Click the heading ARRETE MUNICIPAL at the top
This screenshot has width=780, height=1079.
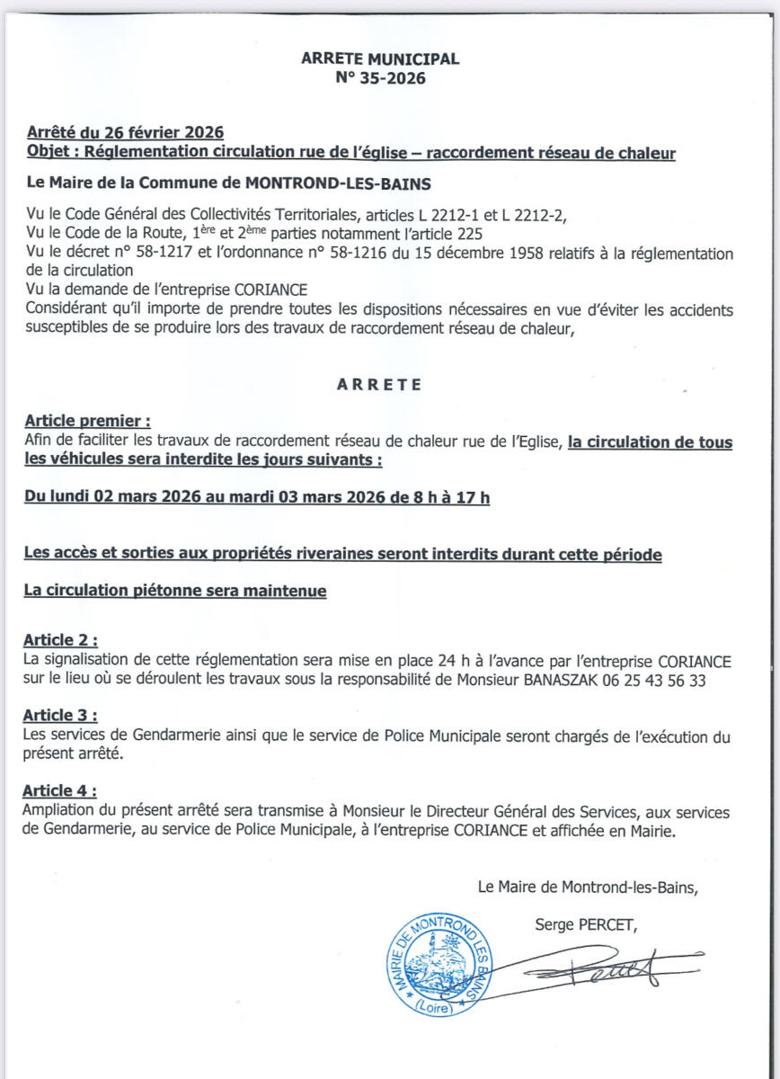379,58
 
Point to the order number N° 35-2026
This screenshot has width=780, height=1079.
379,77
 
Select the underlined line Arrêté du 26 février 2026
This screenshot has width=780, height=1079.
125,134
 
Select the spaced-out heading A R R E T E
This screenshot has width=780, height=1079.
379,384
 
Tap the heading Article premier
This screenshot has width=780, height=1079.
87,421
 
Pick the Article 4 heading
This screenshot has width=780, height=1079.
60,791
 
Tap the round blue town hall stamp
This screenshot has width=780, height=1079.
439,964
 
